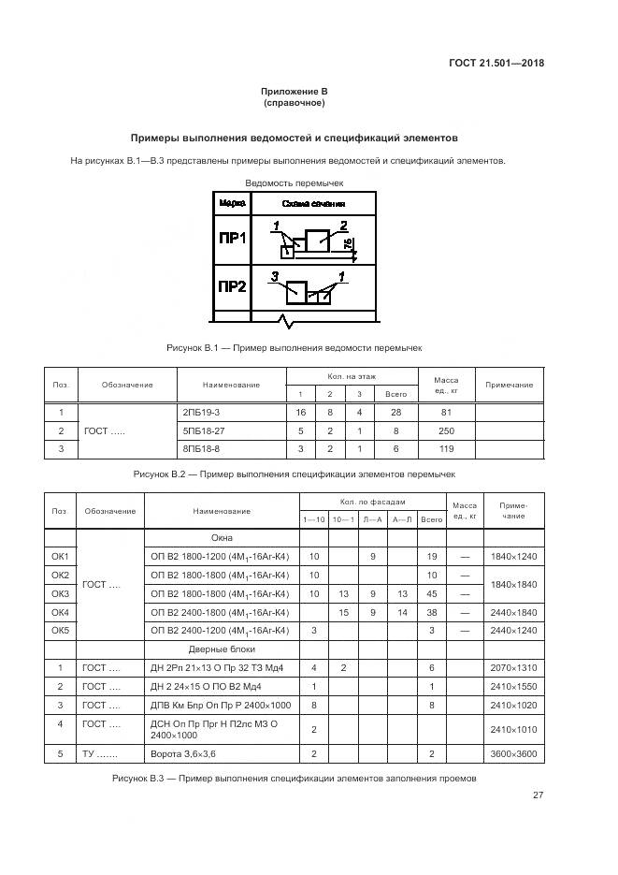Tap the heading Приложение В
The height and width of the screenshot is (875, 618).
pos(294,92)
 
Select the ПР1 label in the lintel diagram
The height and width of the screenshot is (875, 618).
pos(231,239)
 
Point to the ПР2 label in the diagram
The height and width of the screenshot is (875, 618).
pos(231,286)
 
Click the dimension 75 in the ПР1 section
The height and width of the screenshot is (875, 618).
pos(348,245)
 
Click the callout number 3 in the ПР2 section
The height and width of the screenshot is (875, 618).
pos(274,277)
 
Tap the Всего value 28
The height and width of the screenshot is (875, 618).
pos(396,413)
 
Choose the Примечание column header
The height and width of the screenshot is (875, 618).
pos(510,385)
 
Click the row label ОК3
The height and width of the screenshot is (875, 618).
pos(60,593)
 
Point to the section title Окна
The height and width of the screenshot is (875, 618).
pos(222,538)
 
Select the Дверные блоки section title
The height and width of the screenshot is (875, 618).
pos(222,649)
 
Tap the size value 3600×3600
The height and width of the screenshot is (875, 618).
pos(513,752)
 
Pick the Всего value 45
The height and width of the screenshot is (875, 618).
pos(431,593)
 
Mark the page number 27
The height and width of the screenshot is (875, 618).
pos(539,795)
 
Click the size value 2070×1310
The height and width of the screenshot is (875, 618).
pos(513,667)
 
